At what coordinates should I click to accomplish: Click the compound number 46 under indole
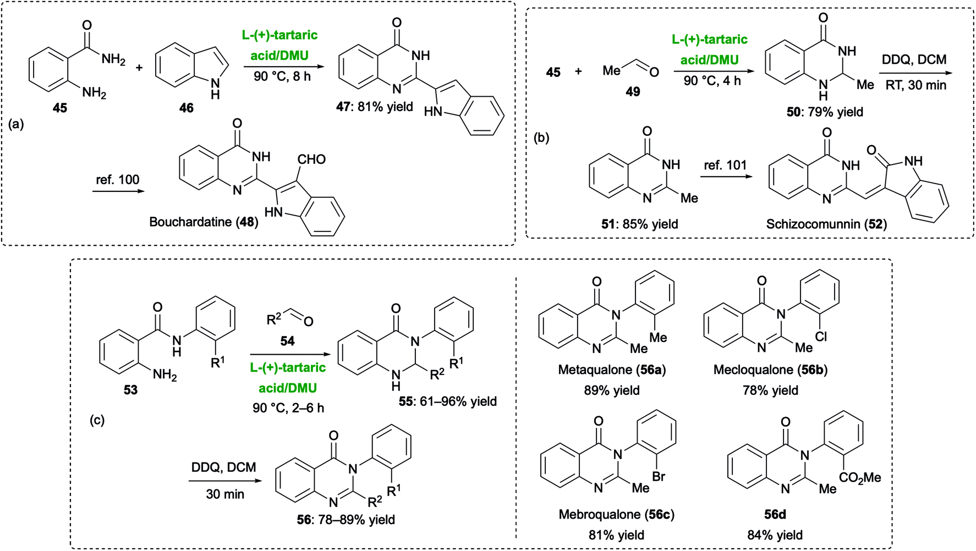[187, 108]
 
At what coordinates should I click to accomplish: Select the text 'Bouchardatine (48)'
[204, 222]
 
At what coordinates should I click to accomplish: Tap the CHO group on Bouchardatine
[311, 159]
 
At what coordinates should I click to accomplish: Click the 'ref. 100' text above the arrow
[118, 180]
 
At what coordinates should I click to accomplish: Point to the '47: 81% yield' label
[375, 107]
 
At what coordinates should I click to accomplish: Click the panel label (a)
[17, 124]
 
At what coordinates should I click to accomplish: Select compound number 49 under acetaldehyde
[633, 91]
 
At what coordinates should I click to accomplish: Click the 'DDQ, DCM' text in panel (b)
[914, 59]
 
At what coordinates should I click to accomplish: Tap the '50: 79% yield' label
[825, 112]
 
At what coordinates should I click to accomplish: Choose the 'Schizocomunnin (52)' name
[826, 224]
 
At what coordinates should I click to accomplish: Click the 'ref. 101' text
[725, 165]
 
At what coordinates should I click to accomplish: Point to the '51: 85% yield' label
[639, 224]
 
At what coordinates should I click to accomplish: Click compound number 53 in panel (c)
[130, 390]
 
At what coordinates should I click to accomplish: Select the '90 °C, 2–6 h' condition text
[288, 408]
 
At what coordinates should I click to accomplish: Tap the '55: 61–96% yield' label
[448, 401]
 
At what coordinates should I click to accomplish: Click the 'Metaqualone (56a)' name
[612, 370]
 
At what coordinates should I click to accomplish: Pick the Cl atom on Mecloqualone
[821, 336]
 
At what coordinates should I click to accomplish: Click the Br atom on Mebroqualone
[659, 476]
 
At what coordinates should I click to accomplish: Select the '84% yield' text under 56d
[775, 535]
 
